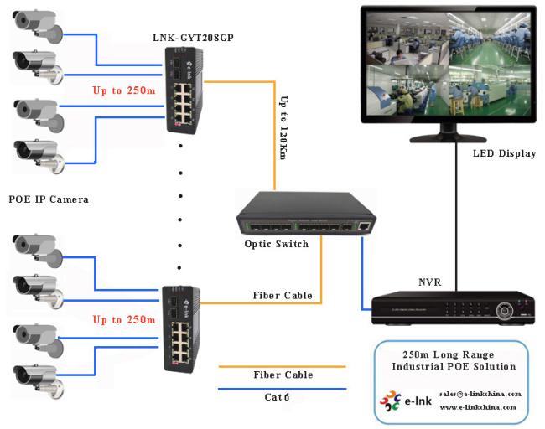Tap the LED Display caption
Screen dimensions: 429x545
(504, 153)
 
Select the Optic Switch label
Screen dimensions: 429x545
(277, 244)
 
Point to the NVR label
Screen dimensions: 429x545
(430, 282)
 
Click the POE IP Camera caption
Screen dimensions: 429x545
(49, 199)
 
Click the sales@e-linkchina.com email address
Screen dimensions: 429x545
(480, 393)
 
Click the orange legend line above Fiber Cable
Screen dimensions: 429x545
(282, 366)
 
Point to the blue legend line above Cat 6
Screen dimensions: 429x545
(282, 389)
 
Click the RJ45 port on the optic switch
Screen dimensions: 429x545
(360, 226)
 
